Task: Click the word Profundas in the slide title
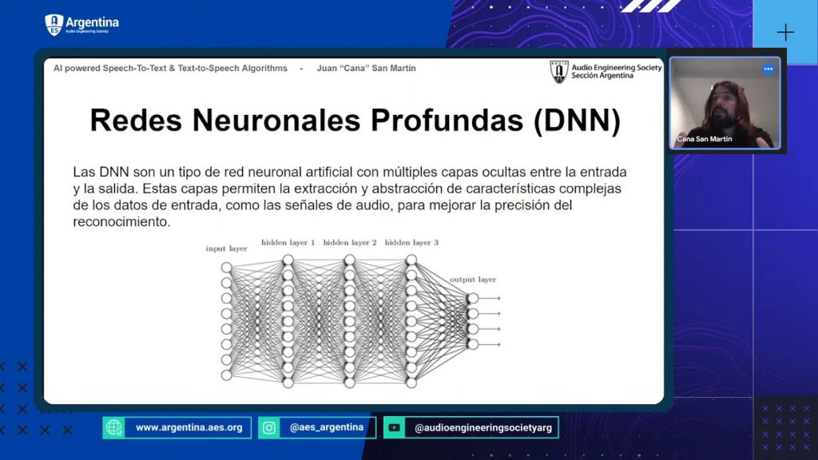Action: point(447,121)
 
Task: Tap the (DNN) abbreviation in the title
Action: point(577,121)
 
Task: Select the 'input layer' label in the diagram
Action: point(226,249)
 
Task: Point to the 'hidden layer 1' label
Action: point(288,243)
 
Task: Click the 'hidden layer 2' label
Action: point(350,243)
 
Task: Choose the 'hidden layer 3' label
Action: point(411,243)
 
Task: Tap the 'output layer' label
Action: point(473,280)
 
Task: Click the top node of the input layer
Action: point(226,268)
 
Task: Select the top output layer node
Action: point(473,299)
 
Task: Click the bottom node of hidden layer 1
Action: point(288,383)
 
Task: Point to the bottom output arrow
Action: point(490,344)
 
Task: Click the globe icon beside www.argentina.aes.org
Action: point(113,428)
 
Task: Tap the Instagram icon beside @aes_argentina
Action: point(269,428)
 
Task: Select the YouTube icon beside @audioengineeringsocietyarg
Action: point(395,428)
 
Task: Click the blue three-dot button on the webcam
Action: point(768,69)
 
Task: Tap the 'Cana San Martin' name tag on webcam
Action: point(705,139)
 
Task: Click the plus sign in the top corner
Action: point(785,32)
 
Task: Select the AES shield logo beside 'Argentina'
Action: point(54,25)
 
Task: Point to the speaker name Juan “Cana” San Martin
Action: point(366,69)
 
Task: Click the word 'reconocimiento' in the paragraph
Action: point(121,222)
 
